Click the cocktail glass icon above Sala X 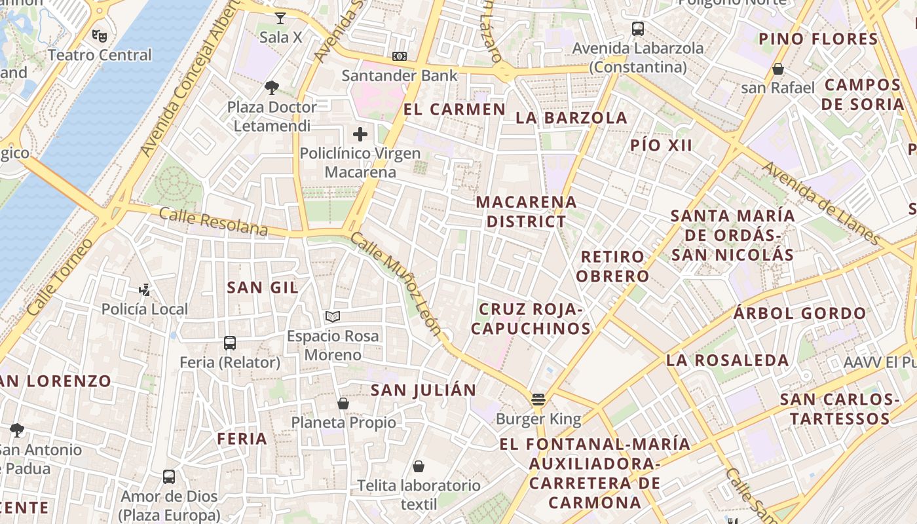pos(280,18)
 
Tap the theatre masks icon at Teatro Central pos(100,35)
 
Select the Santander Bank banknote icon pos(400,56)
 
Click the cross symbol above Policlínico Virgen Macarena pos(360,134)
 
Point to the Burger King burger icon pos(538,399)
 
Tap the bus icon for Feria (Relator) pos(230,343)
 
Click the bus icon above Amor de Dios pos(169,476)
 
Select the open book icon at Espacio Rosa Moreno pos(333,317)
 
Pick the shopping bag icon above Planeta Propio pos(343,403)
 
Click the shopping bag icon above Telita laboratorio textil pos(419,466)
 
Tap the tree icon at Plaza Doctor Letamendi pos(272,87)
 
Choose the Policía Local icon pos(145,290)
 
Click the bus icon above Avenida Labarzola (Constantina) pos(638,29)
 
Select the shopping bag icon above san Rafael pos(778,68)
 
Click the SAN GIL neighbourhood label pos(263,287)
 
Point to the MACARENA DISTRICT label pos(526,212)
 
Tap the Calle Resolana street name pos(214,222)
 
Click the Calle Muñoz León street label pos(396,283)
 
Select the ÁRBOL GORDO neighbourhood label pos(800,313)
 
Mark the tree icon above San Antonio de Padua pos(17,430)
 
